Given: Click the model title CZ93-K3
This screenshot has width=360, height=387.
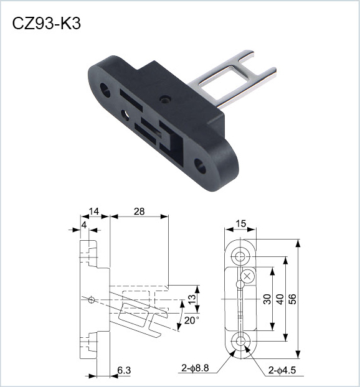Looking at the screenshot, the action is point(47,24).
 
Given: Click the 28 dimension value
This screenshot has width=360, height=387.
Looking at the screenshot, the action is point(139,212).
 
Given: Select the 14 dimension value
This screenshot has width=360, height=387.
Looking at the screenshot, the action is point(94,212).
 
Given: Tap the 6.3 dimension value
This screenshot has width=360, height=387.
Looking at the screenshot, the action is point(124,370).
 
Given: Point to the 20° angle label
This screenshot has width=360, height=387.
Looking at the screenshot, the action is point(191,320).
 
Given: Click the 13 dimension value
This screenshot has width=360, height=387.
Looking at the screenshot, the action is point(192,299).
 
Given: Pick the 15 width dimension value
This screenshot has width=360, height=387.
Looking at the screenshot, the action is point(241,223).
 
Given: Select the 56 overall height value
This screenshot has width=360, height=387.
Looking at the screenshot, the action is point(292,299).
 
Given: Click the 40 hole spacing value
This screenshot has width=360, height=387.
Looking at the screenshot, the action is point(280,299).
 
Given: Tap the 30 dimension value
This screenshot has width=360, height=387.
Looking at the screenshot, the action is point(267,299).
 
